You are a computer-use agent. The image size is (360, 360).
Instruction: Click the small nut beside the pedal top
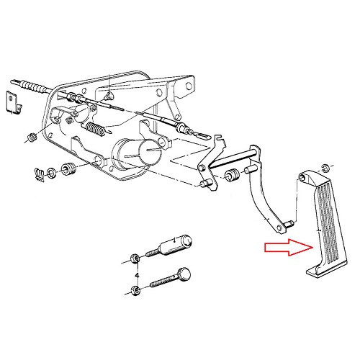326,168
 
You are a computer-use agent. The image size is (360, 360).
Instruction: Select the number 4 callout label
136,275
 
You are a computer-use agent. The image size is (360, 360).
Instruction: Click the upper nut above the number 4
136,258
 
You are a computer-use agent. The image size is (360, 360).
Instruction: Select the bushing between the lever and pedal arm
233,176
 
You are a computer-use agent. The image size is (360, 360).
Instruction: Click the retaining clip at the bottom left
42,173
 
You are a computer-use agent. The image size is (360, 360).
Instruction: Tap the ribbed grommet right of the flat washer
70,170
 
